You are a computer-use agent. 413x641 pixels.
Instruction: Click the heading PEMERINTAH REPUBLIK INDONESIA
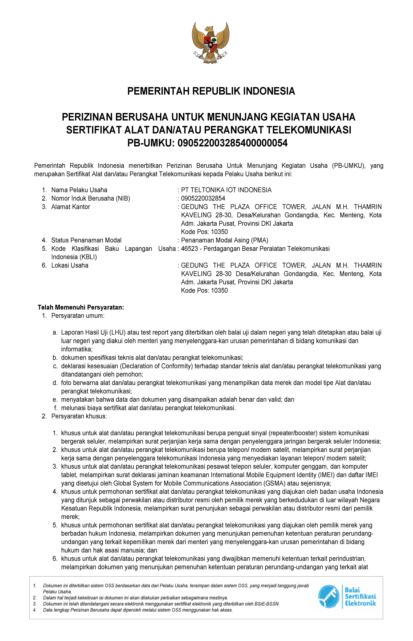211,91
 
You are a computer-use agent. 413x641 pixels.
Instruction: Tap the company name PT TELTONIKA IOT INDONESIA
226,190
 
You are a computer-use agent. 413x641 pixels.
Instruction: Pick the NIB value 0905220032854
203,199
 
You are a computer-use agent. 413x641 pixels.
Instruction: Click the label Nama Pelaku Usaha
79,190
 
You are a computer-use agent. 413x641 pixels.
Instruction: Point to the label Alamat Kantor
71,207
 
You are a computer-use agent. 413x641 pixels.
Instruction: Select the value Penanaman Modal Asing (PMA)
224,240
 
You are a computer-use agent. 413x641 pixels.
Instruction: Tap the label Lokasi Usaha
70,266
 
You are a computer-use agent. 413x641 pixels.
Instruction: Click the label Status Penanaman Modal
86,240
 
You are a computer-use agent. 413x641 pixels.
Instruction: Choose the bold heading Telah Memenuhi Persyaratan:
81,307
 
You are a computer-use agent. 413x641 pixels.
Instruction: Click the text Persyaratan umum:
78,316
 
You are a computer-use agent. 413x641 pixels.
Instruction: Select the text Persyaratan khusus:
79,416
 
